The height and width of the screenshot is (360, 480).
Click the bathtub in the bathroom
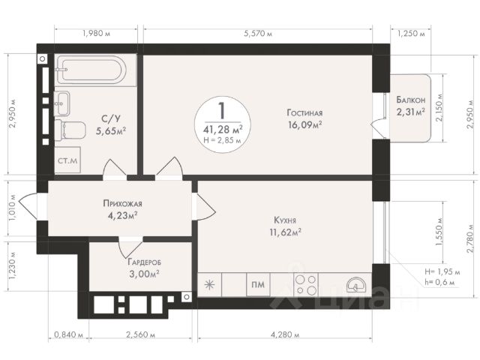click(x=91, y=70)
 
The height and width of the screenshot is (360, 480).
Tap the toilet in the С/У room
click(x=70, y=130)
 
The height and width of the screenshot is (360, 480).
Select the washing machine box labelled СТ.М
click(x=67, y=160)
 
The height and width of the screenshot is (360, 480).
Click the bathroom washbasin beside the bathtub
click(x=62, y=103)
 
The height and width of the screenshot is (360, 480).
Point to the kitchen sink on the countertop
click(x=355, y=285)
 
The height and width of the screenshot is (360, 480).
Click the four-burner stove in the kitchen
click(x=307, y=285)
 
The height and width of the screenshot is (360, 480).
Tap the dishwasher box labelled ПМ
click(x=258, y=285)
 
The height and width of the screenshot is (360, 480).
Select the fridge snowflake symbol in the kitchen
click(x=209, y=285)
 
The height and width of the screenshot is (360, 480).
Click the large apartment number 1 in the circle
click(x=222, y=111)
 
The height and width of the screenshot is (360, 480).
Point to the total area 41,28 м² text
click(x=223, y=130)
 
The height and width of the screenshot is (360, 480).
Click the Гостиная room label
click(x=304, y=113)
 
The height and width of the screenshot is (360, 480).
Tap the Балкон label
click(x=411, y=100)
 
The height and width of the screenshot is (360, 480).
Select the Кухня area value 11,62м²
click(x=285, y=232)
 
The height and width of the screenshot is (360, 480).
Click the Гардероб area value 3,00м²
click(x=143, y=273)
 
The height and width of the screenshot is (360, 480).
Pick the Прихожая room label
click(x=122, y=203)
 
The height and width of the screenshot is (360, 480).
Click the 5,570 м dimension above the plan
click(x=258, y=34)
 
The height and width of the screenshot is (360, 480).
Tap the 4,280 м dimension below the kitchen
click(x=285, y=334)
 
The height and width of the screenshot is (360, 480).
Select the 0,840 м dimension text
click(x=69, y=334)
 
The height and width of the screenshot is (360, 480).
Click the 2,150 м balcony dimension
click(x=440, y=108)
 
